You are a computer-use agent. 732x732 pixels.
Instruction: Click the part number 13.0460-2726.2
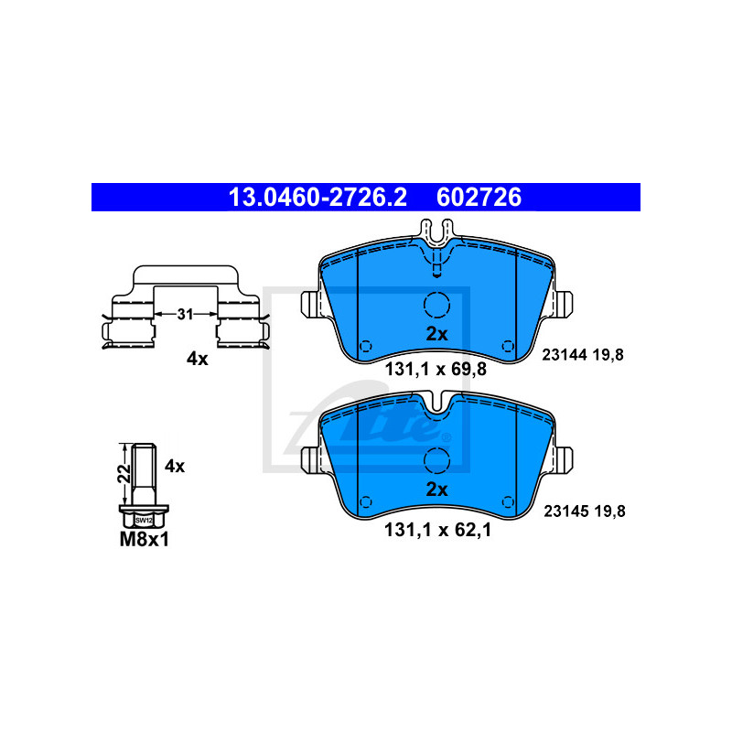318,197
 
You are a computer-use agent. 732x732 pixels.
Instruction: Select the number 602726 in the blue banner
479,197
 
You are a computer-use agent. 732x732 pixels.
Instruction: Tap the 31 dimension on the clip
185,314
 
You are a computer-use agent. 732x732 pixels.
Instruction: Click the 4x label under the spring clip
197,359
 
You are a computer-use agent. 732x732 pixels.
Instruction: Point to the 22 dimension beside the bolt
124,473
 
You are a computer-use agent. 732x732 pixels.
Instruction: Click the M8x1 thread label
145,539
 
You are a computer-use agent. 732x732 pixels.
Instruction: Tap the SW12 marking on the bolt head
144,520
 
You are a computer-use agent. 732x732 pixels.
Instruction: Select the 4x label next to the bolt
175,466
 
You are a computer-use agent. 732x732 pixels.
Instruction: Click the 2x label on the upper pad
436,334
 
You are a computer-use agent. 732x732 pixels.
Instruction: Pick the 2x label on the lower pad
436,490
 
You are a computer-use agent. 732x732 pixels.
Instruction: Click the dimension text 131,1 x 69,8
436,370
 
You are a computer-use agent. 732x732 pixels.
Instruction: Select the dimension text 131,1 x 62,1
437,530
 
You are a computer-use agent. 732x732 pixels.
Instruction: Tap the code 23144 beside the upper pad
564,355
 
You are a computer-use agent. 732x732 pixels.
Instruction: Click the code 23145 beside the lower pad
565,511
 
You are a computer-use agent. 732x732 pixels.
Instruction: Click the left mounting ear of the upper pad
311,305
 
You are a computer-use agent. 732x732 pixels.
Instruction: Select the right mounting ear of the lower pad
563,460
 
